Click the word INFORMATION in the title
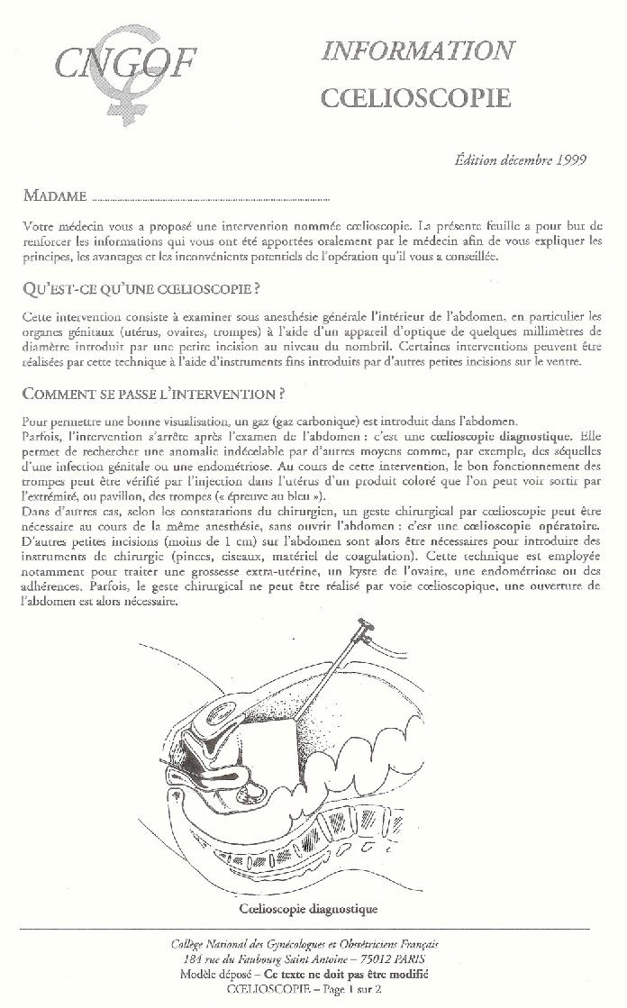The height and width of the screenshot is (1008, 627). pyautogui.click(x=418, y=50)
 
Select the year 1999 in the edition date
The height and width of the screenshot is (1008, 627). pyautogui.click(x=570, y=160)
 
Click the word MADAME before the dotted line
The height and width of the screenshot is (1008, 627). pyautogui.click(x=55, y=195)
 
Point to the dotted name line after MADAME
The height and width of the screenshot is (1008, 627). pyautogui.click(x=211, y=197)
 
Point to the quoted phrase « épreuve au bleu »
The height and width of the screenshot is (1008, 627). pyautogui.click(x=267, y=497)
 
